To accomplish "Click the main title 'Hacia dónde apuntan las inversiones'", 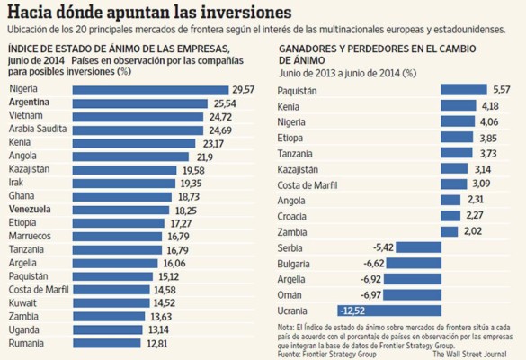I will (148, 13).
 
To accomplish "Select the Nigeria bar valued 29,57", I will (150, 89).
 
